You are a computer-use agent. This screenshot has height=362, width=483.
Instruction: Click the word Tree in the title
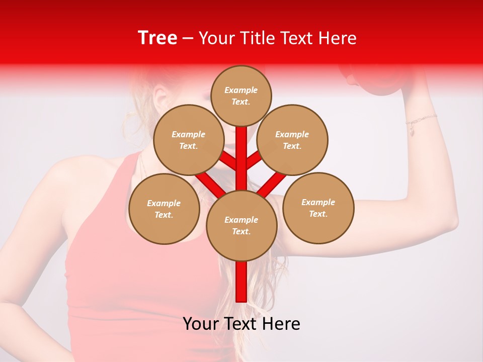pos(157,38)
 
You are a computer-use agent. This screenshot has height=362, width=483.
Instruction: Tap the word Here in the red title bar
pos(338,38)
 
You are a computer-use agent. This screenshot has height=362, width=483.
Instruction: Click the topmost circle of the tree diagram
pos(241,96)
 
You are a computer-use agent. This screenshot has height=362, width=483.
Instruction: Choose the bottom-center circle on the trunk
pos(242,226)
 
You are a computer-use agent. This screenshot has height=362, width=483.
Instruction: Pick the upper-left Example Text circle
pos(189,140)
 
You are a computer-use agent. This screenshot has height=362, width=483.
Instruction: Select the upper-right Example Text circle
pos(292,140)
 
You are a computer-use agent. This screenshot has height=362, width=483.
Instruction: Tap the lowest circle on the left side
pos(164,209)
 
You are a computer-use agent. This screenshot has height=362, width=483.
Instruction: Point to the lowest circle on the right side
pos(318,208)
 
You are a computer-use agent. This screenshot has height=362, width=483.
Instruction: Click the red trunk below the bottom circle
pos(242,282)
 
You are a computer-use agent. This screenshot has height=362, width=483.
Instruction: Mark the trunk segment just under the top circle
pos(242,141)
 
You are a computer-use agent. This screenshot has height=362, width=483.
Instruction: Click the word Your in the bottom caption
pos(200,324)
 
